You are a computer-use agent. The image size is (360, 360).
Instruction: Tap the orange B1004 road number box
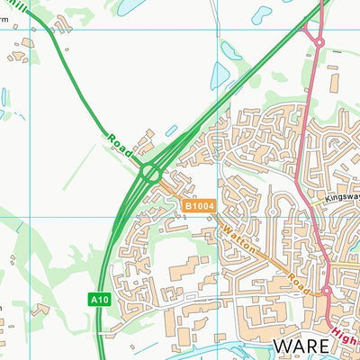tap(199, 206)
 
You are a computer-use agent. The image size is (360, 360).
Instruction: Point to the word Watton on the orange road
tap(238, 239)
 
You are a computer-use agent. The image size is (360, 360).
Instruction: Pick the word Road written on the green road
tap(120, 142)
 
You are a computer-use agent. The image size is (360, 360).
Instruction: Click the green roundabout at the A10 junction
tap(149, 171)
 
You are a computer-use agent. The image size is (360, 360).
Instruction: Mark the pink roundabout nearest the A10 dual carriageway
tap(318, 40)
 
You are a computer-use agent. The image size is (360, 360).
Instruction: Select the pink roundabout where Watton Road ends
tap(327, 292)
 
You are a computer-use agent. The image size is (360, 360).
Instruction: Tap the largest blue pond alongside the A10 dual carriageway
tap(219, 76)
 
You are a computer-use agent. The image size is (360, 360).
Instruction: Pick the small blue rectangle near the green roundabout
tap(171, 131)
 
